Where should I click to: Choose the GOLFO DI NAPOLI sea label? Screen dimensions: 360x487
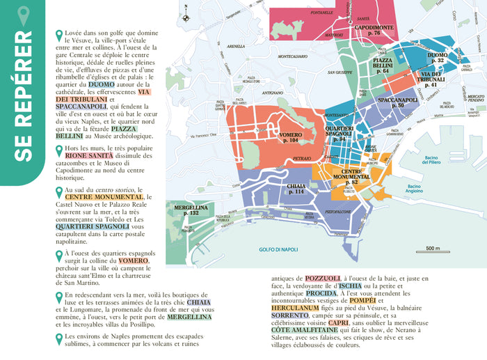278,249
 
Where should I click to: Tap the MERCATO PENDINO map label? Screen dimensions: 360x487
474,98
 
